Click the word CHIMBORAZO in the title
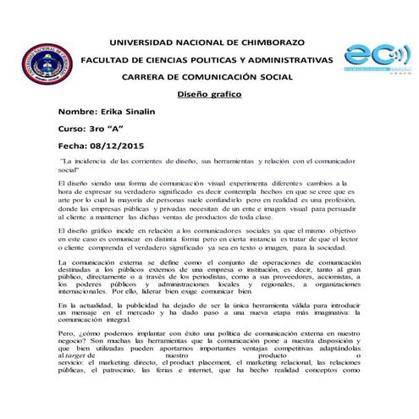(268, 41)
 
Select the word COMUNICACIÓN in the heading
(221, 77)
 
